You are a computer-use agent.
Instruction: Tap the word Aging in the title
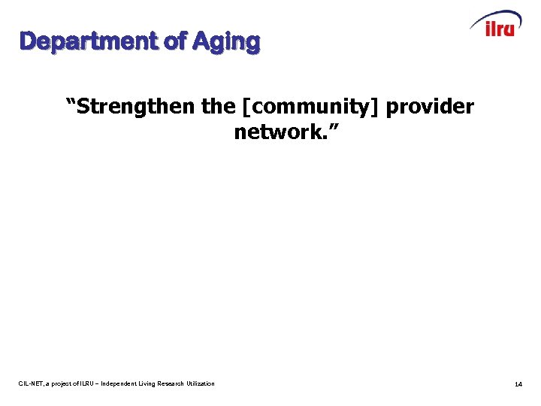coord(226,42)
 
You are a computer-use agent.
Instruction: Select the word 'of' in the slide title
coord(175,41)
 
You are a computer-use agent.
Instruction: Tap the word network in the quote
coord(275,133)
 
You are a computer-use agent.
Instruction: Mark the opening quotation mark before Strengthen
coord(71,102)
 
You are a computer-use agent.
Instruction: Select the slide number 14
coord(518,384)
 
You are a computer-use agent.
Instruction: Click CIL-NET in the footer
coord(32,384)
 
